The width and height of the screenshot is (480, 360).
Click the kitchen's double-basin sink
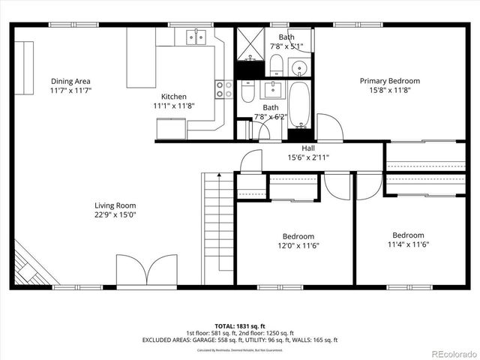pos(195,37)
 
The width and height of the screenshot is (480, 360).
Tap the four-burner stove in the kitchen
pos(224,89)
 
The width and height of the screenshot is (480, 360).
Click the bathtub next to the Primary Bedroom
pos(299,104)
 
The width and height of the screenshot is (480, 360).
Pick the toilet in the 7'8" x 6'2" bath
pos(248,91)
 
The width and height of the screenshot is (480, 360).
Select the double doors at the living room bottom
pos(146,272)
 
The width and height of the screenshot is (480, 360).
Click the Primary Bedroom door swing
pos(329,127)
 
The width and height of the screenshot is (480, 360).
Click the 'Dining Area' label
pos(70,82)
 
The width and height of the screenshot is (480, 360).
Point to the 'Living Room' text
pos(115,205)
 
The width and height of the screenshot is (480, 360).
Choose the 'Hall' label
pos(308,148)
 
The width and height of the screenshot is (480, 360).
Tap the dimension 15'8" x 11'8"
pos(389,90)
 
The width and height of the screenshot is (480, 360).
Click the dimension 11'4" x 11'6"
pos(408,244)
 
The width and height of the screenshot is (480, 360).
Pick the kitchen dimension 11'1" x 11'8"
pos(174,106)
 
